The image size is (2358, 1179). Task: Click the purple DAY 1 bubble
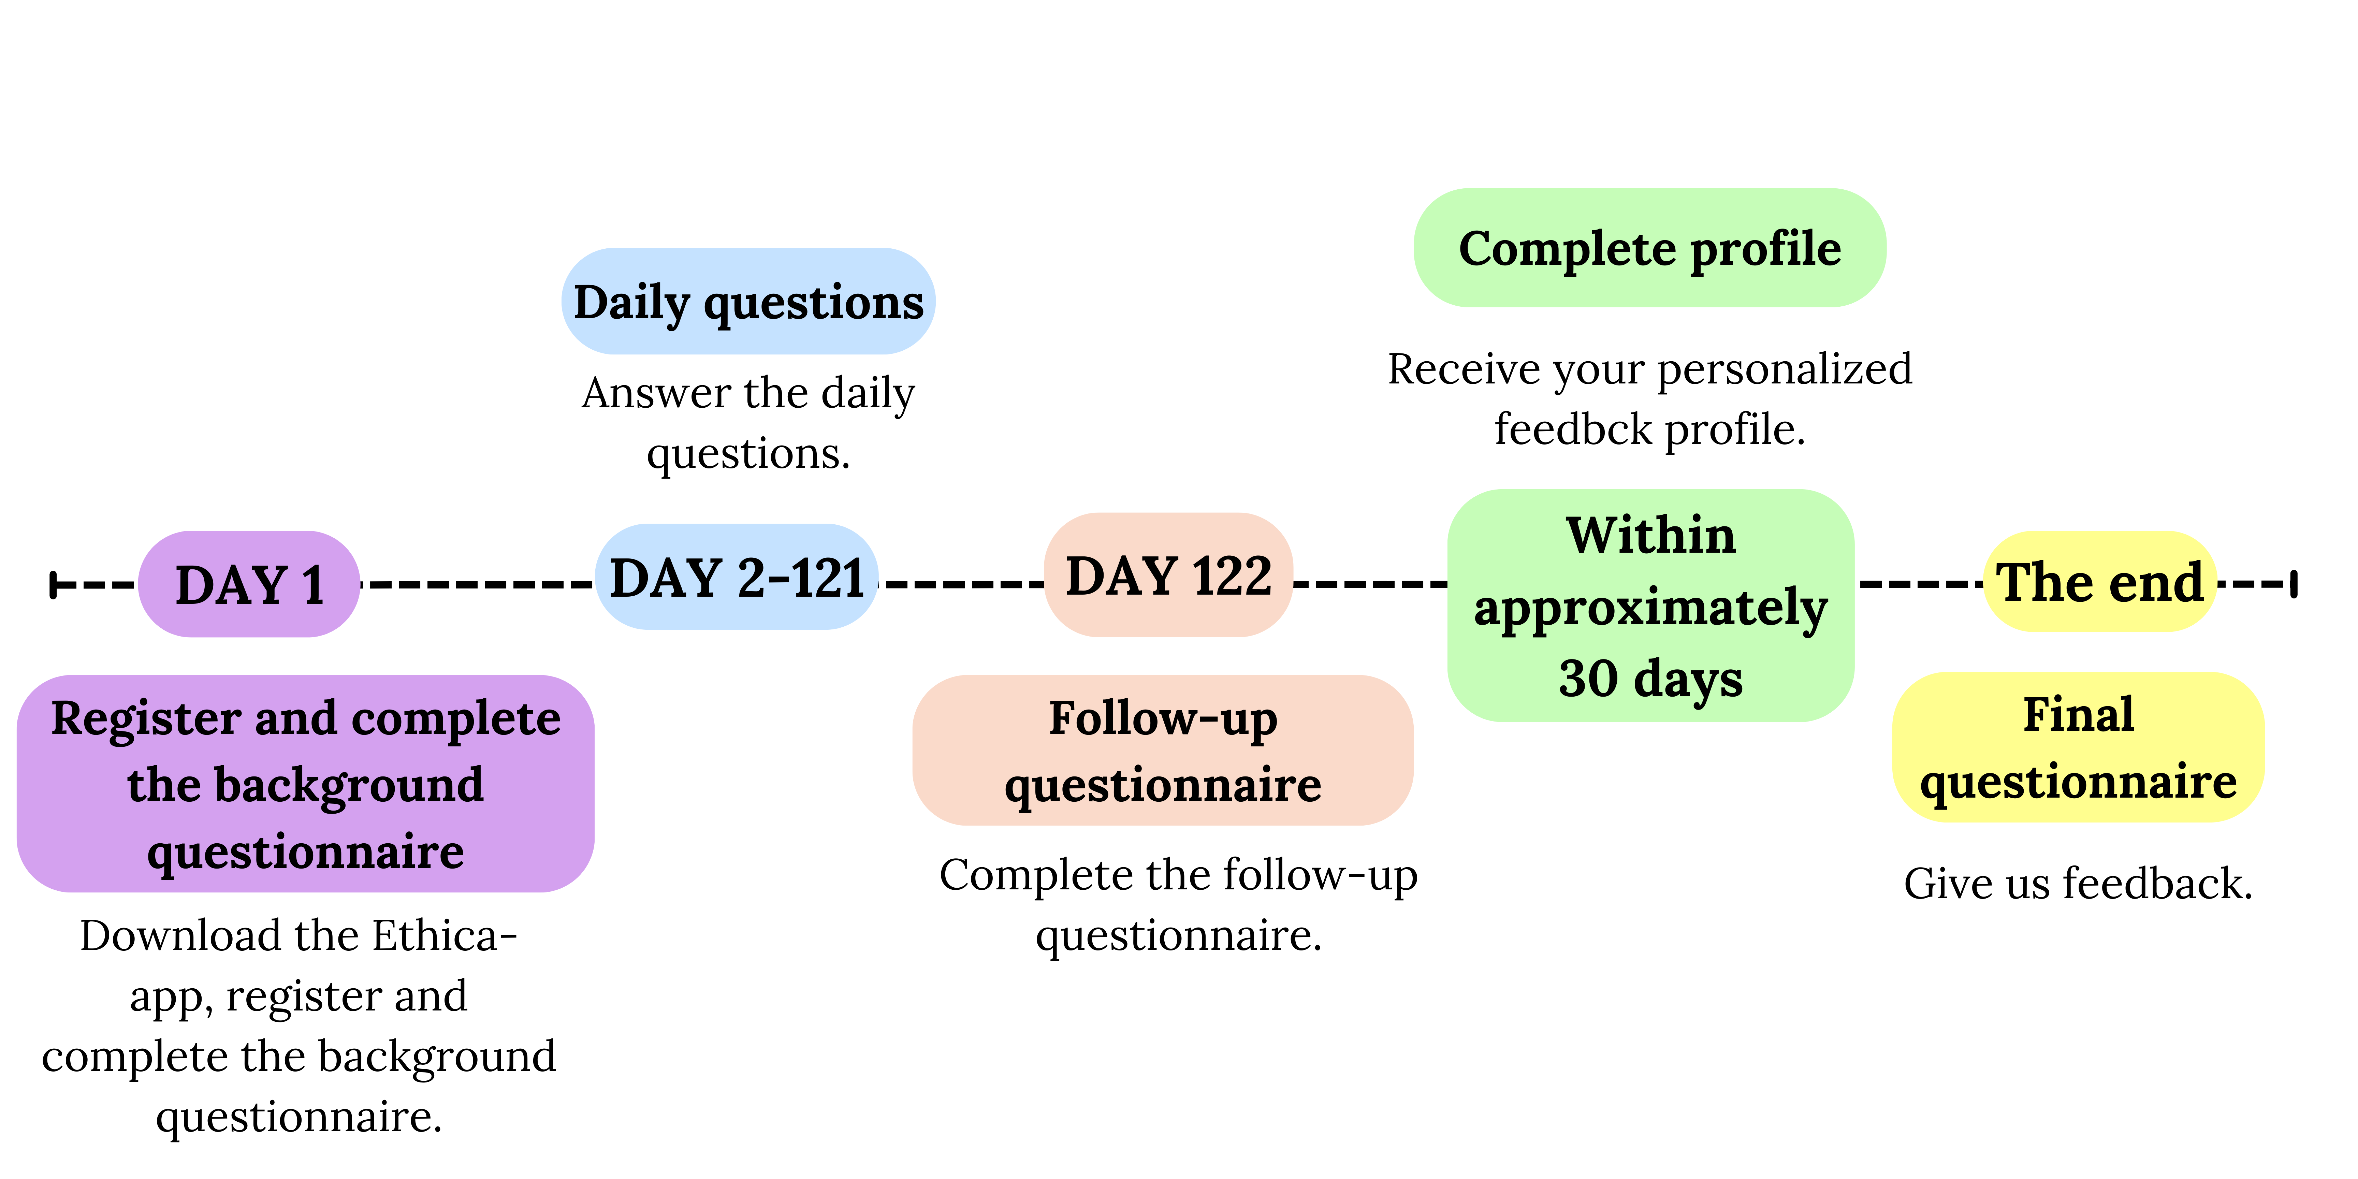(x=249, y=584)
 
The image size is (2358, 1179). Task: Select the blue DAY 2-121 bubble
(x=737, y=577)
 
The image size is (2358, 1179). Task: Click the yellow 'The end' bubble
(x=2100, y=581)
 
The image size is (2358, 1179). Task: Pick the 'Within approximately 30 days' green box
(x=1650, y=606)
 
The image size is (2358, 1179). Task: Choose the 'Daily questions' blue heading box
(x=748, y=301)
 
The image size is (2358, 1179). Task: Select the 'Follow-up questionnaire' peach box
(x=1163, y=751)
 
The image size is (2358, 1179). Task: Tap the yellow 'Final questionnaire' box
(x=2078, y=747)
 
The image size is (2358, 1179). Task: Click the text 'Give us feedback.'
(x=2078, y=883)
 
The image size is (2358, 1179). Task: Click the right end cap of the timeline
(x=2294, y=584)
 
